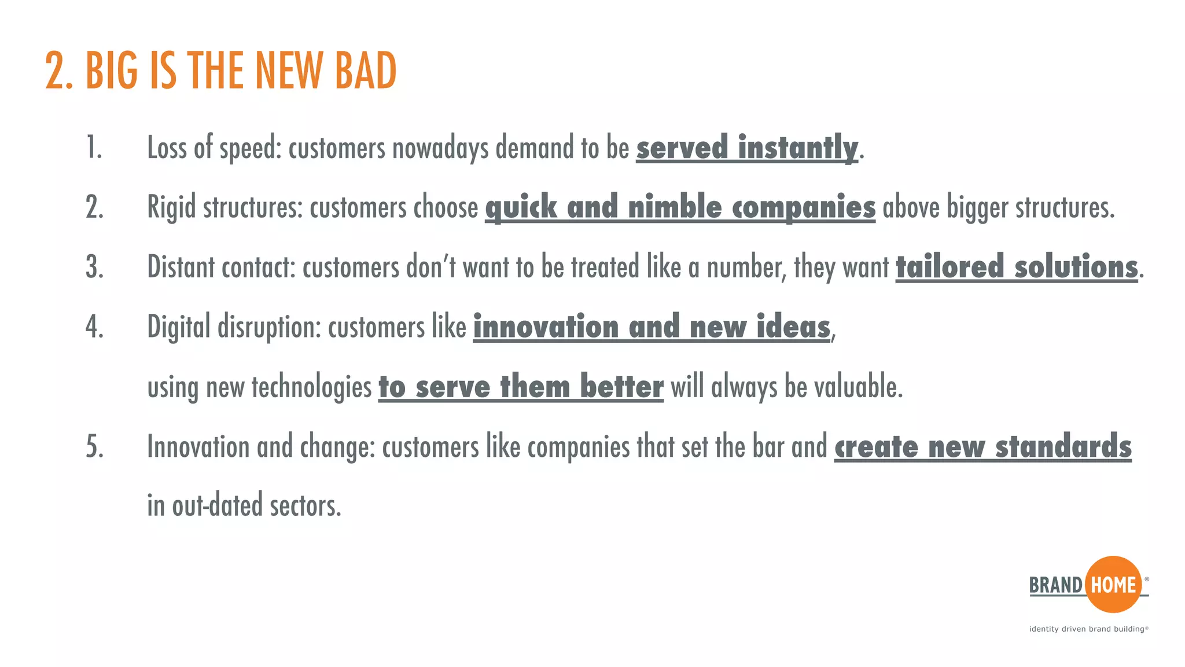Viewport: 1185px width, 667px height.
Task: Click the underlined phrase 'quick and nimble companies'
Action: click(x=680, y=207)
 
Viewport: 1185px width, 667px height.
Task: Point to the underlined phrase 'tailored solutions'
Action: click(x=1017, y=267)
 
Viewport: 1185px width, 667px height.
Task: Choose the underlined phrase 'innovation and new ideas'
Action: click(x=652, y=327)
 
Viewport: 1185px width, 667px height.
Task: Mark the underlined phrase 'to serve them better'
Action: click(x=521, y=387)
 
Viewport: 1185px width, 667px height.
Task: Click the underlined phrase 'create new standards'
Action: click(x=982, y=446)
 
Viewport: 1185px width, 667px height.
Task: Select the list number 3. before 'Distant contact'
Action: click(x=94, y=267)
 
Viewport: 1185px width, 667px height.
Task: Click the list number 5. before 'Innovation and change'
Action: click(x=94, y=446)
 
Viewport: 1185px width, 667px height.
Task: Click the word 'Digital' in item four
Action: click(x=178, y=327)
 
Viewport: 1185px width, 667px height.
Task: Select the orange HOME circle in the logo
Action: click(x=1113, y=585)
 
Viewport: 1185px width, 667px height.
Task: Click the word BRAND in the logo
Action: click(x=1055, y=585)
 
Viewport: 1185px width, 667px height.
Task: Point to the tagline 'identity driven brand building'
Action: click(x=1087, y=629)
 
